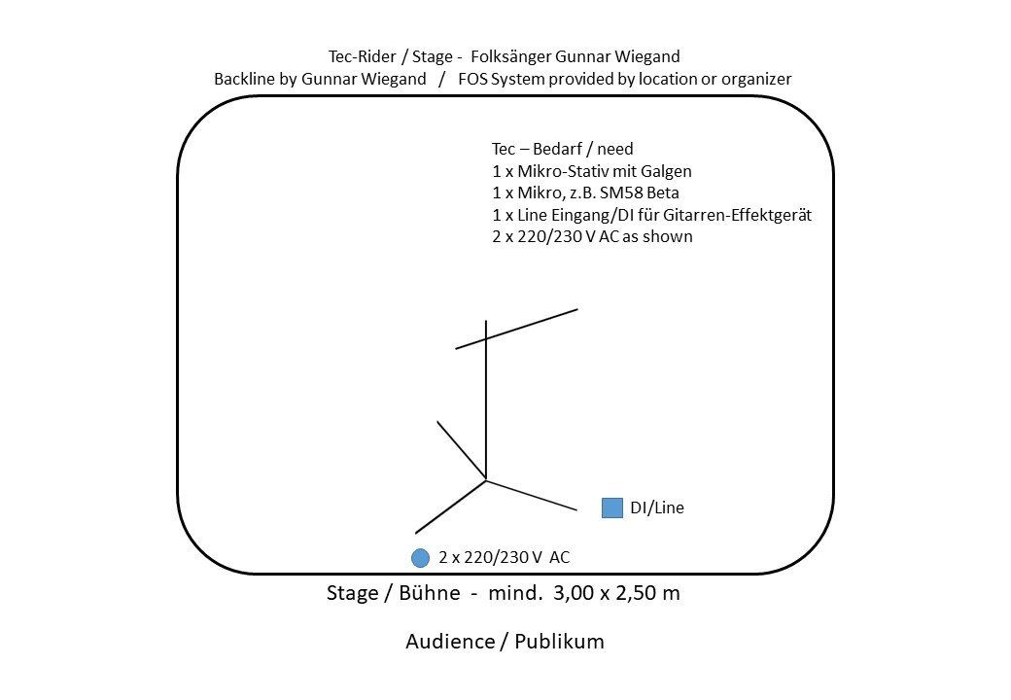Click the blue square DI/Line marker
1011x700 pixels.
pyautogui.click(x=611, y=507)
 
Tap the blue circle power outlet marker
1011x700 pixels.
pyautogui.click(x=420, y=558)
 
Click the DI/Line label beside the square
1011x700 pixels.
pyautogui.click(x=657, y=507)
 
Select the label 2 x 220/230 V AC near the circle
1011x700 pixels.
pyautogui.click(x=504, y=558)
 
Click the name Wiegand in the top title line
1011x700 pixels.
pyautogui.click(x=649, y=56)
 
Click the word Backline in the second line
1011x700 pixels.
pyautogui.click(x=245, y=79)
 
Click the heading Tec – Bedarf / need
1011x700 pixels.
pyautogui.click(x=562, y=149)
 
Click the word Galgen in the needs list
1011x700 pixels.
pyautogui.click(x=667, y=171)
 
